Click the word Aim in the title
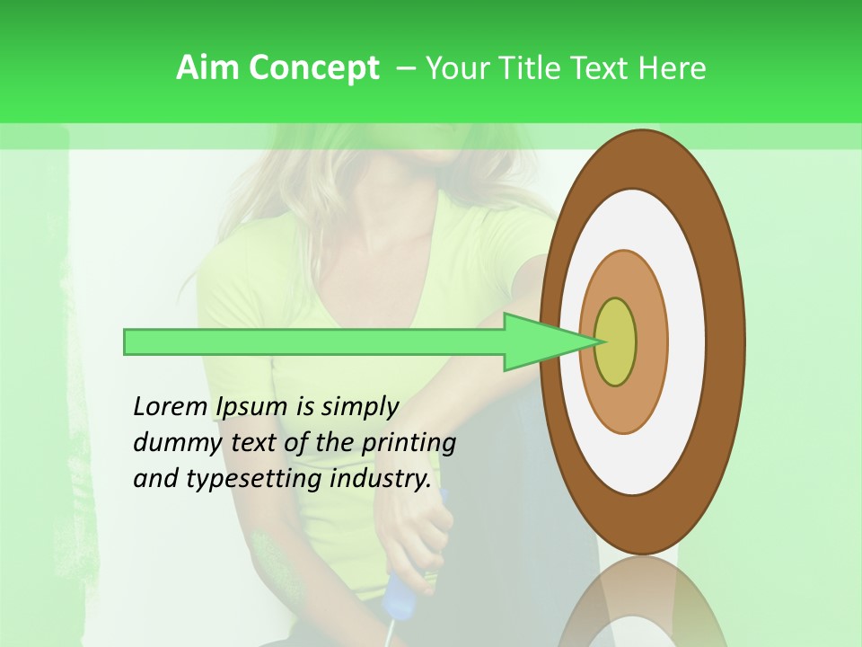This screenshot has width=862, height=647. click(208, 67)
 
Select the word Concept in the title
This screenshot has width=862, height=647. click(314, 68)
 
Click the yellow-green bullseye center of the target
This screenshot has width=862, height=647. click(615, 341)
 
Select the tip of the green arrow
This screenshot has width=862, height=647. click(596, 341)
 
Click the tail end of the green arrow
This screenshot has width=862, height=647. click(127, 341)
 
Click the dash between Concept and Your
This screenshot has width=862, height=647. click(405, 68)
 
